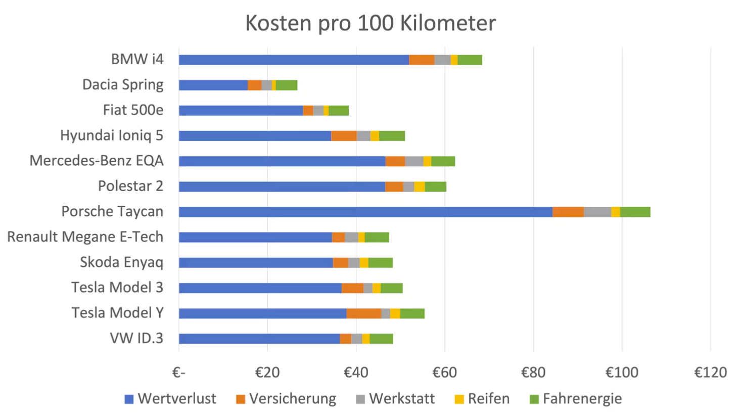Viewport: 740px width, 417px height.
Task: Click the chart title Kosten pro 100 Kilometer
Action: (x=371, y=23)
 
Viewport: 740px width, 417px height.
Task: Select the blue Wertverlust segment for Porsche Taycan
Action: (x=365, y=212)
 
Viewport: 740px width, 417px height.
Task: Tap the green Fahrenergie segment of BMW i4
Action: (x=470, y=60)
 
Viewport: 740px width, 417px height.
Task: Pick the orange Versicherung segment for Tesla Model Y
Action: (x=363, y=313)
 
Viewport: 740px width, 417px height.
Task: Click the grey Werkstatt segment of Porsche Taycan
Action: (x=597, y=212)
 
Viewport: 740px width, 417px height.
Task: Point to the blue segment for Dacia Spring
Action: (x=213, y=85)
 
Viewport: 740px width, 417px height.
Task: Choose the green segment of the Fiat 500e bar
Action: (x=339, y=110)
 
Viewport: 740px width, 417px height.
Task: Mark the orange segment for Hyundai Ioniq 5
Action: (x=344, y=135)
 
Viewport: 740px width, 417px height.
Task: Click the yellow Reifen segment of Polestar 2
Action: (x=420, y=187)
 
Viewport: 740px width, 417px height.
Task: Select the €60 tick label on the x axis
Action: (x=444, y=373)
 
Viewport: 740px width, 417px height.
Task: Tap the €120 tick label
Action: (x=710, y=373)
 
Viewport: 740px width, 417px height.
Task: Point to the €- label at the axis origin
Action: (x=179, y=373)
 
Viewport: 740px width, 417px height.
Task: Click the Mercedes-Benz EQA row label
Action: (x=97, y=161)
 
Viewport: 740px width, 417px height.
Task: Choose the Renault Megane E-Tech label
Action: (x=85, y=237)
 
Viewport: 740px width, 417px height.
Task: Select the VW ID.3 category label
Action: (x=136, y=338)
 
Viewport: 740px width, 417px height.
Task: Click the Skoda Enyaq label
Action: (x=121, y=262)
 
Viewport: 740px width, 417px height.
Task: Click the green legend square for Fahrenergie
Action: (x=534, y=399)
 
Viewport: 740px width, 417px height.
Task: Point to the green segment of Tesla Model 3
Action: (x=392, y=288)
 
